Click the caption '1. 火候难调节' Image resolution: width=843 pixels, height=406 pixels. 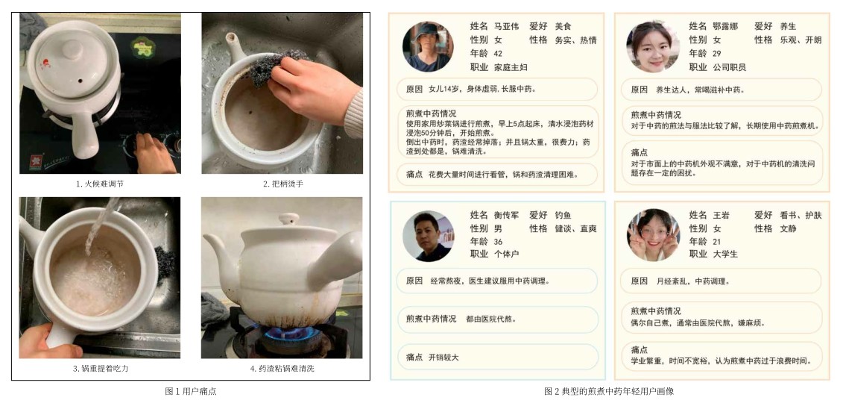click(x=99, y=184)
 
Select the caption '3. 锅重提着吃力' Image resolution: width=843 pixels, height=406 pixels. click(x=99, y=369)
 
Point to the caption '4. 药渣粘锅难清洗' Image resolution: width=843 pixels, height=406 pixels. click(x=282, y=369)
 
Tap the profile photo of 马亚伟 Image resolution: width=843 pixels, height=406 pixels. click(x=427, y=47)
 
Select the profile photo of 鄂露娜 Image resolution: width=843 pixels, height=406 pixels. click(x=652, y=47)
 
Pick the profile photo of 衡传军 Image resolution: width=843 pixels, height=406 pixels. click(x=427, y=236)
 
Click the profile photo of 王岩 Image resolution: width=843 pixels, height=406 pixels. click(x=653, y=236)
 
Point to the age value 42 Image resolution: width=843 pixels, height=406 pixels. click(x=498, y=53)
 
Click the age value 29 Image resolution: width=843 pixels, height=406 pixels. click(x=716, y=53)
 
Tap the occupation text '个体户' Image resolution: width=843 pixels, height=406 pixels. click(x=506, y=254)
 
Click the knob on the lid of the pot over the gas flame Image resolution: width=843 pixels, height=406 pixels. click(x=288, y=218)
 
